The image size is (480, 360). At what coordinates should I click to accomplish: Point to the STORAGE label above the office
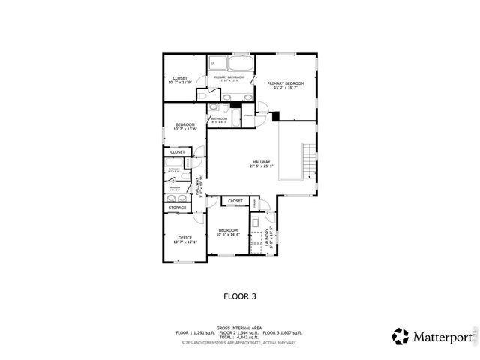pos(177,208)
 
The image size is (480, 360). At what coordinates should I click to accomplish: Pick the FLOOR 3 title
pos(240,296)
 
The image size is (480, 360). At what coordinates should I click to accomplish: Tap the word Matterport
pos(442,336)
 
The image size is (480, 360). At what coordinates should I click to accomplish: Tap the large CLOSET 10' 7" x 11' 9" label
pos(180,79)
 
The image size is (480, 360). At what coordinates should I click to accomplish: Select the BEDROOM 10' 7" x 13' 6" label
pos(184,126)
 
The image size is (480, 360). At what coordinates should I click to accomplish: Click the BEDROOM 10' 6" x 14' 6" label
pos(227,232)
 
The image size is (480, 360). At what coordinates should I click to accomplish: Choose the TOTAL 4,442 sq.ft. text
pos(239,337)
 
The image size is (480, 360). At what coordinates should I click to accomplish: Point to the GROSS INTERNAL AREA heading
pos(239,327)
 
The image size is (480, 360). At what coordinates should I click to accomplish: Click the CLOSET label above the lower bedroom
pos(235,201)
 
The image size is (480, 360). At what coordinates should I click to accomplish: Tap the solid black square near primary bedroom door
pos(275,115)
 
